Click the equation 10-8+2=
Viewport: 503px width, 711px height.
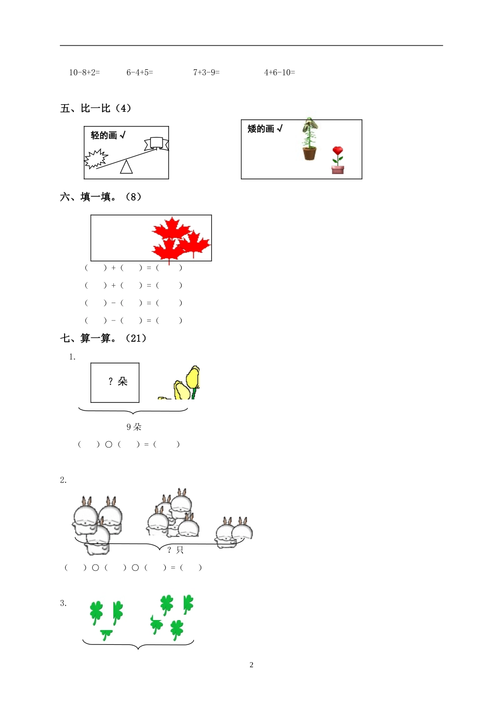coord(84,72)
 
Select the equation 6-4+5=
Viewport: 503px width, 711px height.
coord(140,72)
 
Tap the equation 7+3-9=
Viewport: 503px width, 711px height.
coord(206,72)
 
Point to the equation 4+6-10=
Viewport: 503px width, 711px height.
coord(280,72)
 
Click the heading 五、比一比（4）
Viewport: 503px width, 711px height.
coord(96,108)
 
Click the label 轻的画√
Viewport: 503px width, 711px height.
coord(108,135)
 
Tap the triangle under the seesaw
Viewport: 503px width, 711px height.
coord(126,167)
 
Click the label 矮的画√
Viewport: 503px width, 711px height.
coord(265,129)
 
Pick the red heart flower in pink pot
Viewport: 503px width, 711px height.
coord(337,159)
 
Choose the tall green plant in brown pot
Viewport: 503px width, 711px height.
coord(309,139)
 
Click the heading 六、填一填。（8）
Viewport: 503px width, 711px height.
coord(101,197)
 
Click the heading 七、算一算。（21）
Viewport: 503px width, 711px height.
coord(103,338)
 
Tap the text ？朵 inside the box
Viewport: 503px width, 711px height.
coord(118,381)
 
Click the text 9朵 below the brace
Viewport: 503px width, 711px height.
coord(134,427)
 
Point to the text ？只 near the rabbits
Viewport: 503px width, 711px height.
coord(175,550)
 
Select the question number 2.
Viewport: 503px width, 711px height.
coord(63,480)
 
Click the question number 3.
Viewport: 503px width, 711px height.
coord(63,603)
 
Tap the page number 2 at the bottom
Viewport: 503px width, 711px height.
coord(251,665)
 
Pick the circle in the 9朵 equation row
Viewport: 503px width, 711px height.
coord(109,444)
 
